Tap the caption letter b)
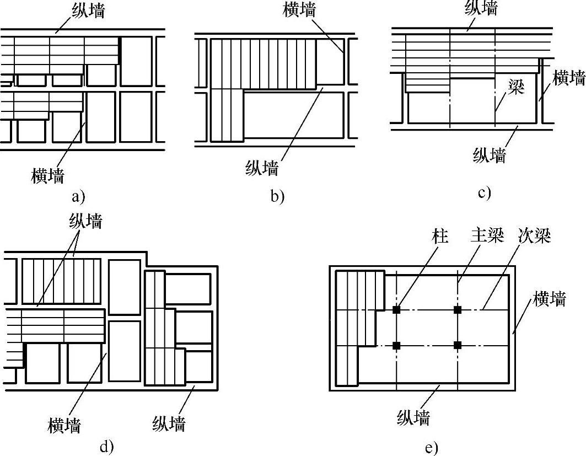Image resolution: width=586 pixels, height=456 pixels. point(277,196)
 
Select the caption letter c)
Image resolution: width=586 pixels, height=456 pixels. point(484,192)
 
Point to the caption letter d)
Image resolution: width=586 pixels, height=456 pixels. point(106,446)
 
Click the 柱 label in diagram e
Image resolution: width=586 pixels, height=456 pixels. point(440,237)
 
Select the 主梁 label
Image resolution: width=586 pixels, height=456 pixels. point(487,237)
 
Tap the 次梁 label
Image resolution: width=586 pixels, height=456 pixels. point(534,237)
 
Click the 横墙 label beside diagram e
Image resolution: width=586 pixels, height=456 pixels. point(549,300)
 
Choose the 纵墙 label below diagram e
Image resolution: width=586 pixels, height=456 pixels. point(413,418)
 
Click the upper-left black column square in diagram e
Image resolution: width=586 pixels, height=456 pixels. point(396,310)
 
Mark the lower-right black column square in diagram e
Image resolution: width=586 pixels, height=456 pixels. point(458,345)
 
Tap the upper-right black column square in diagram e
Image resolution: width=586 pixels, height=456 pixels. point(458,310)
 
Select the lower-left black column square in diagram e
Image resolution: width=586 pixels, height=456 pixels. point(396,345)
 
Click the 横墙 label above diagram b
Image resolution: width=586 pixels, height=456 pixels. point(299,10)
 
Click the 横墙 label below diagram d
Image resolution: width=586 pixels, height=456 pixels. point(64,425)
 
